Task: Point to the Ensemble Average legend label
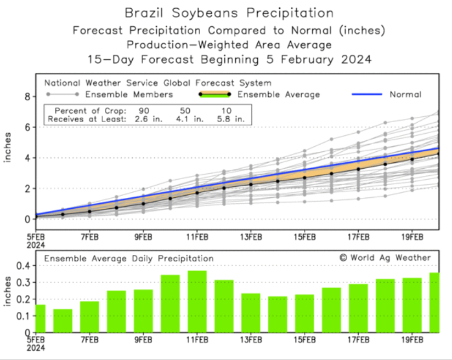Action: pyautogui.click(x=286, y=95)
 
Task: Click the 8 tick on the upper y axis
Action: pyautogui.click(x=25, y=97)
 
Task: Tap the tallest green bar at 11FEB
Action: pyautogui.click(x=197, y=301)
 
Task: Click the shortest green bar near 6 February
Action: pyautogui.click(x=63, y=321)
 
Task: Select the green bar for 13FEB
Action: pyautogui.click(x=251, y=313)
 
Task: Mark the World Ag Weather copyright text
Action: pyautogui.click(x=385, y=258)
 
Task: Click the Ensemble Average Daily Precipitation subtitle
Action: pyautogui.click(x=129, y=258)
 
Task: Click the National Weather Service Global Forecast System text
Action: pyautogui.click(x=157, y=83)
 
